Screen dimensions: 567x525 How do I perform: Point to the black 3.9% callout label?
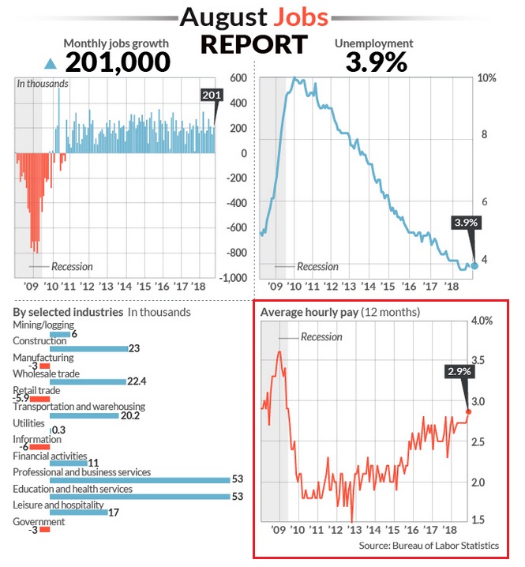(x=466, y=223)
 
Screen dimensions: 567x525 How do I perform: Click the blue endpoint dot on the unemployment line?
(x=474, y=265)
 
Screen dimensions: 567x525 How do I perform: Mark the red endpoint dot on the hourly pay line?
(x=468, y=411)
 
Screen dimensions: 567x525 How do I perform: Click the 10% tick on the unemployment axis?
(x=488, y=78)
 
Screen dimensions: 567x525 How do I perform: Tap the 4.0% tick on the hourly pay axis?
(x=483, y=321)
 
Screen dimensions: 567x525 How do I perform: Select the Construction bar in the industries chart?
(x=88, y=348)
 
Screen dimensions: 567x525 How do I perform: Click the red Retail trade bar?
(x=39, y=399)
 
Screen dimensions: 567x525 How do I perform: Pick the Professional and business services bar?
(x=139, y=479)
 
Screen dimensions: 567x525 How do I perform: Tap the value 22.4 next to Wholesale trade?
(x=138, y=381)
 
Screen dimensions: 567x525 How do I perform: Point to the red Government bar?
(x=45, y=529)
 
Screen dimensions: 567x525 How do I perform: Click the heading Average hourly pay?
(x=309, y=312)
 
